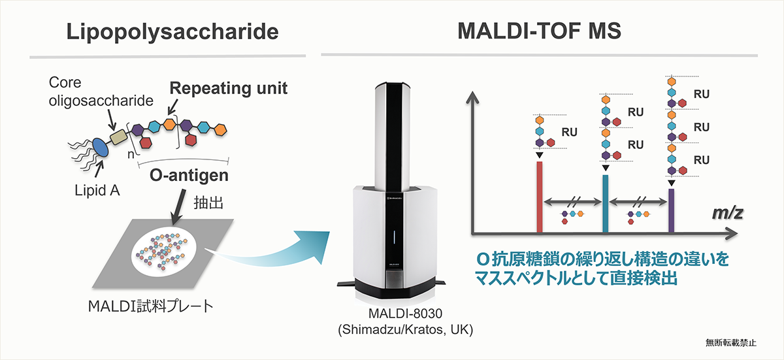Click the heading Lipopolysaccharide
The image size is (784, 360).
(172, 33)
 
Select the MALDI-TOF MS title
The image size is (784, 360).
(540, 31)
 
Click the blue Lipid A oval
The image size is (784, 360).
(100, 147)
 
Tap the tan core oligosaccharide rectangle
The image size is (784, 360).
(118, 137)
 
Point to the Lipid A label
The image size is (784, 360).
(97, 191)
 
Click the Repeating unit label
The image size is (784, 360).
(229, 88)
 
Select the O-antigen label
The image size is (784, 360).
(189, 175)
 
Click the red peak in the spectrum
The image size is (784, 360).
(540, 197)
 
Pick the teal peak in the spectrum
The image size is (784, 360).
(605, 204)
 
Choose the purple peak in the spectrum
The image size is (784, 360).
(672, 210)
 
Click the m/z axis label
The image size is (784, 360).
(728, 213)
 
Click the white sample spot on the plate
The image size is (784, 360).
(164, 253)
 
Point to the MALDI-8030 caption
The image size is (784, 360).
(405, 314)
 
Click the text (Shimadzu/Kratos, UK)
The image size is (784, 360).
(405, 330)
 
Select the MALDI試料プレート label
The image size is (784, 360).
(150, 306)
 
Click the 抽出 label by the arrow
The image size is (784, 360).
(208, 203)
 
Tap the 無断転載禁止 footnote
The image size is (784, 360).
(731, 343)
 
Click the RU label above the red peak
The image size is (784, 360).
(570, 132)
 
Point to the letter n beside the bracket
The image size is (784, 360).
(131, 154)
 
